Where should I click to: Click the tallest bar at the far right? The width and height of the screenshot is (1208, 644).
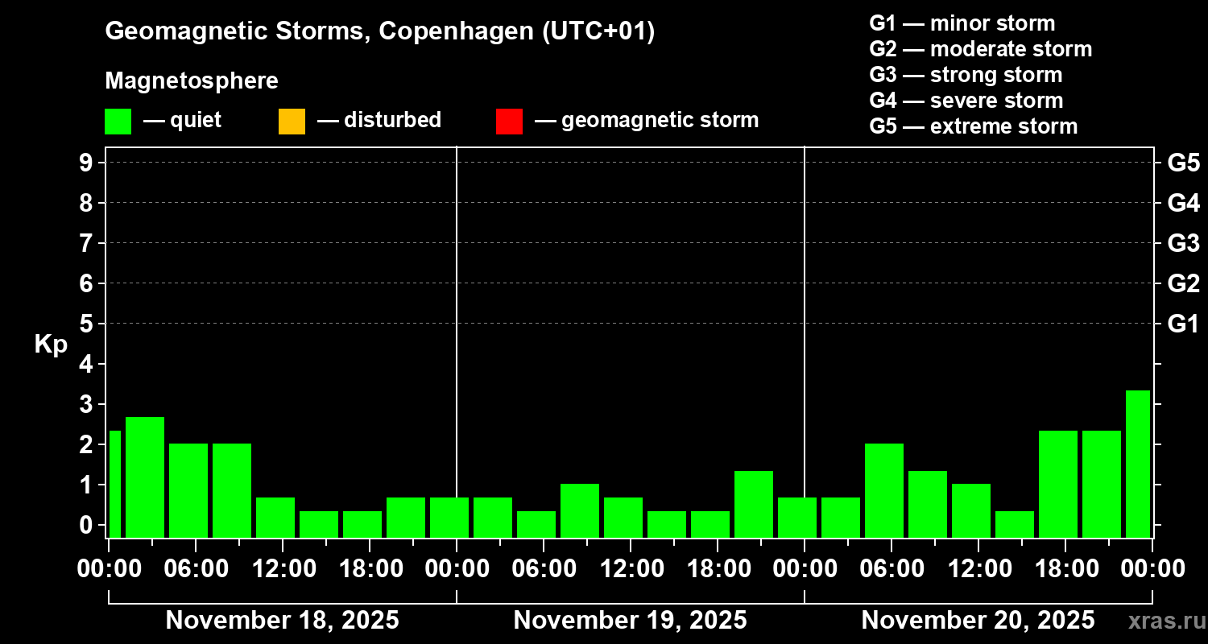click(x=1137, y=464)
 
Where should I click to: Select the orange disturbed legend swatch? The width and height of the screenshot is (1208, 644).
click(x=292, y=121)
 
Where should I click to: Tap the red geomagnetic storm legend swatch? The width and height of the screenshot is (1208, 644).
click(x=509, y=121)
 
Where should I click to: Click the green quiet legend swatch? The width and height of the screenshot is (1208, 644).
click(x=118, y=121)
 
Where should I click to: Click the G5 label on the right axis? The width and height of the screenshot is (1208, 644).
click(x=1183, y=163)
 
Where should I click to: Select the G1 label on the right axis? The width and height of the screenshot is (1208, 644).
click(x=1183, y=324)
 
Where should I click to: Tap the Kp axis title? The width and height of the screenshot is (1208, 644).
click(x=51, y=345)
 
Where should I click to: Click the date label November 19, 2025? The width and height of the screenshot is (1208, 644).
click(x=630, y=621)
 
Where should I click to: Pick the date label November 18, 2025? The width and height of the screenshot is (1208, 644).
click(x=282, y=621)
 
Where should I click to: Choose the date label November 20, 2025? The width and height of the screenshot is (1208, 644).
click(x=978, y=621)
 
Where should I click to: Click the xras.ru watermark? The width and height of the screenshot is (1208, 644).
click(x=1165, y=621)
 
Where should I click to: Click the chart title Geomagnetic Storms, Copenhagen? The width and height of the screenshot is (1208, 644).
click(x=379, y=31)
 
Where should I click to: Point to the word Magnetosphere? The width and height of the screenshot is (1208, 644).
click(x=192, y=81)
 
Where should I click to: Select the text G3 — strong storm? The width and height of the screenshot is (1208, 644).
click(x=966, y=75)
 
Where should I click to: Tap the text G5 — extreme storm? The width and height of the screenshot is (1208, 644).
click(x=973, y=126)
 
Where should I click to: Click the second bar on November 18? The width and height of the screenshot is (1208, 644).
click(x=145, y=477)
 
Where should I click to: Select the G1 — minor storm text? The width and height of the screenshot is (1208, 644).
click(x=962, y=23)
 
